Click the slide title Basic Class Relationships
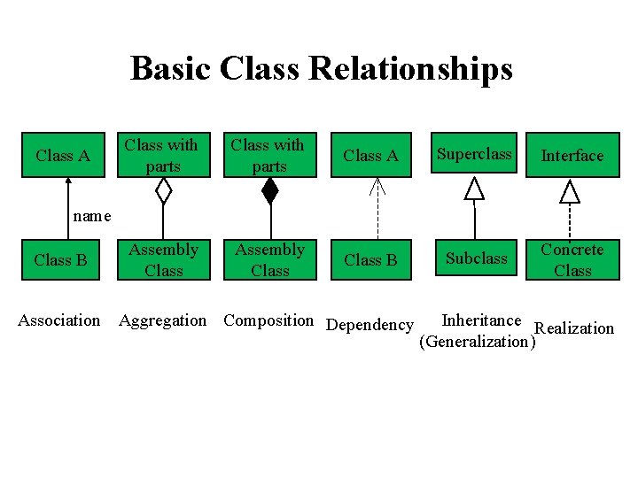click(x=321, y=68)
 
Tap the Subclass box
click(x=477, y=258)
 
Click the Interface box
click(x=572, y=156)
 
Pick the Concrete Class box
click(x=572, y=259)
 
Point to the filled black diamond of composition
click(x=269, y=190)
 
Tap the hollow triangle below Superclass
click(x=476, y=188)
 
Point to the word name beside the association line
click(x=92, y=216)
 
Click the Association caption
click(x=59, y=320)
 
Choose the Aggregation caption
click(x=163, y=320)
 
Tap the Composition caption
click(x=268, y=320)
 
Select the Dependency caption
click(x=370, y=325)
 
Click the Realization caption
click(x=575, y=328)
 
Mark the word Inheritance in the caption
click(x=481, y=320)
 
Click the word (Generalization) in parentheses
click(x=478, y=342)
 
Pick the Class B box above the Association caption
click(x=60, y=260)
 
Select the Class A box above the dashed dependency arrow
click(x=370, y=156)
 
